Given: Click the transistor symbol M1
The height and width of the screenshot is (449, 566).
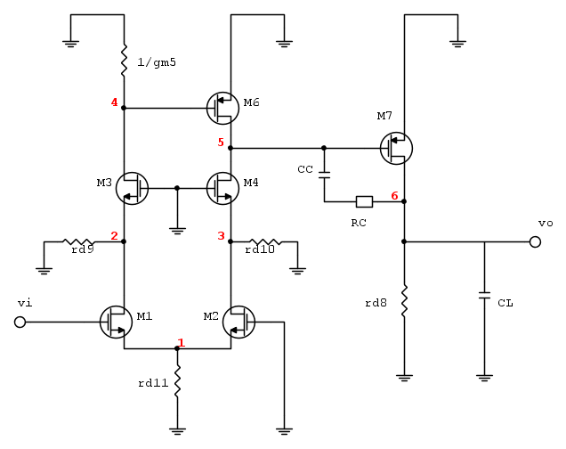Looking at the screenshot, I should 117,322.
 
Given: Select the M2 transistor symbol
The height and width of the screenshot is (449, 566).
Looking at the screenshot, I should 239,322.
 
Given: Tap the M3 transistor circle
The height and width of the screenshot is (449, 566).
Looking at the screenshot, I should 132,188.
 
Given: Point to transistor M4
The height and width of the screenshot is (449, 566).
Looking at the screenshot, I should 222,188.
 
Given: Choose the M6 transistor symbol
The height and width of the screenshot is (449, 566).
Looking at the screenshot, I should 222,108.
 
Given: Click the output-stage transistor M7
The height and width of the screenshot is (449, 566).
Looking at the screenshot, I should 396,148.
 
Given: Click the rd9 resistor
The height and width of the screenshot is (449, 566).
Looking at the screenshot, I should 78,241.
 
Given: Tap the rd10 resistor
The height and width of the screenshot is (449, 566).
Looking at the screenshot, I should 264,241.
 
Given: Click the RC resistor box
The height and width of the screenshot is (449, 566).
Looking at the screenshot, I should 364,201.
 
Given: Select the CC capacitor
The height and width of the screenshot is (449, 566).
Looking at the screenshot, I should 324,172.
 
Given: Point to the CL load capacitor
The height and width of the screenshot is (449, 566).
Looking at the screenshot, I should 484,293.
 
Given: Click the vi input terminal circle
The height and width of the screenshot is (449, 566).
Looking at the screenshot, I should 20,322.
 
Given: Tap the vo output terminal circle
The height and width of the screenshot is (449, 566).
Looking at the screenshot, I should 536,241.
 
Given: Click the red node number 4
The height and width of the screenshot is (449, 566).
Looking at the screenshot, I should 114,102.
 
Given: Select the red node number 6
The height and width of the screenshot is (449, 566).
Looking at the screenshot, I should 394,195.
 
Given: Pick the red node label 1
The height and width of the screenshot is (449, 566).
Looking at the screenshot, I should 182,342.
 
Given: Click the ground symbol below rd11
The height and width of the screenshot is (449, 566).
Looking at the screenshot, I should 177,429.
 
